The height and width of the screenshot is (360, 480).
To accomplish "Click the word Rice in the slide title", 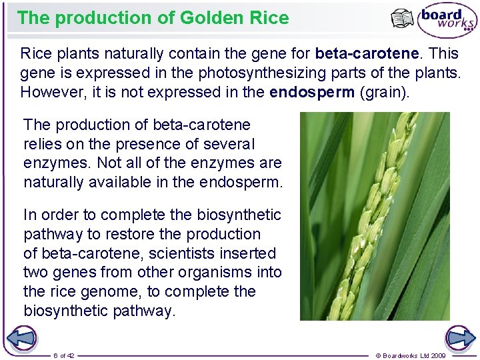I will tap(271, 17).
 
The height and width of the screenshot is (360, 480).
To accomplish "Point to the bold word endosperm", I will tap(312, 91).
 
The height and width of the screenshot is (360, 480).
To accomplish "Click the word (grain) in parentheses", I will tap(385, 91).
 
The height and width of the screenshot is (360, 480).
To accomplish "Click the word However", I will tap(50, 91).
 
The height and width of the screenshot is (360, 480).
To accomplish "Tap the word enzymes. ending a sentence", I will tap(52, 163).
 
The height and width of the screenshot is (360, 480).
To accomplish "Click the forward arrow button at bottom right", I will tap(461, 339).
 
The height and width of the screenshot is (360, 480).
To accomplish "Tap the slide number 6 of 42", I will tap(64, 355).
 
